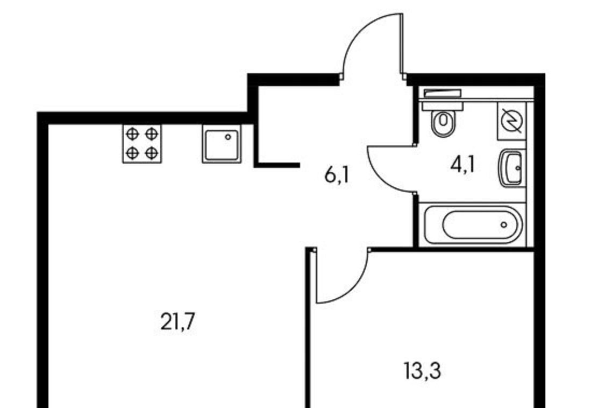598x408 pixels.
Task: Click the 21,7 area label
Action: (177, 321)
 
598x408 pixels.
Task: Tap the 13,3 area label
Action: (423, 371)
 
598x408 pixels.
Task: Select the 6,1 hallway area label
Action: (337, 175)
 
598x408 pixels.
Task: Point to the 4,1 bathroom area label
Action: (462, 165)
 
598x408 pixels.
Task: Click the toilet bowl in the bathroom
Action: (443, 123)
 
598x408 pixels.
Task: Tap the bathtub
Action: (473, 224)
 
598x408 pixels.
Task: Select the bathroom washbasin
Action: (511, 168)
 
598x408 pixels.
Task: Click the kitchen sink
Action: (222, 144)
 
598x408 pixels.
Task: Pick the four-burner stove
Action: (142, 144)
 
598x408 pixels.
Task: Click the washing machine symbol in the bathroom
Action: (512, 120)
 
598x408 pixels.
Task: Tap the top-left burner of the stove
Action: (132, 134)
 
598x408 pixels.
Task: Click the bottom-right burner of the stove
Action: (152, 153)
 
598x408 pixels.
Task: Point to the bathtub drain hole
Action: (504, 225)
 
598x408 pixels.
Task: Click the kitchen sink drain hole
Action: (227, 137)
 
